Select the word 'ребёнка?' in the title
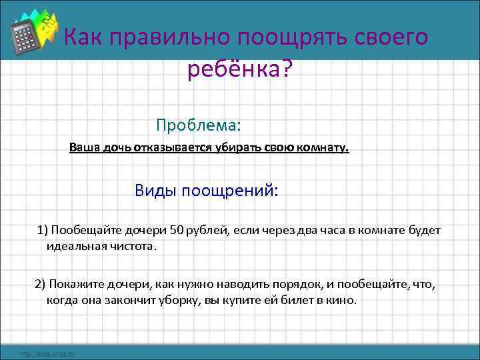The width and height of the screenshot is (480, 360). coord(239,69)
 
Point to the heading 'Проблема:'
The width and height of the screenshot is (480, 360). coord(198,125)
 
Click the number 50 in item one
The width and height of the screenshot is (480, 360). coord(176,231)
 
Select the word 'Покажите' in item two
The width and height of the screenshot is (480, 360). coord(73,285)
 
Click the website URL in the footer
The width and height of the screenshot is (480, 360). coord(47,353)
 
